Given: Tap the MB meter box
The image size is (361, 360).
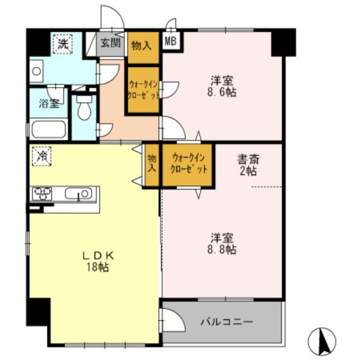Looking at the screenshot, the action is click(x=171, y=41).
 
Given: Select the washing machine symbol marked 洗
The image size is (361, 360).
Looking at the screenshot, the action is click(x=63, y=44).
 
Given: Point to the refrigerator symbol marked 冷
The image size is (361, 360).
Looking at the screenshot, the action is click(x=42, y=156).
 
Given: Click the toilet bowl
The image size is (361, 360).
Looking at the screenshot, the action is click(x=84, y=107).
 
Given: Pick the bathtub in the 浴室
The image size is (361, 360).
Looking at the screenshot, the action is click(x=48, y=129).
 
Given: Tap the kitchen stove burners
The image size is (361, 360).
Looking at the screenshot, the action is click(x=42, y=194).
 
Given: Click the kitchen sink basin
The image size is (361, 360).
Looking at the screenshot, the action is click(x=79, y=193).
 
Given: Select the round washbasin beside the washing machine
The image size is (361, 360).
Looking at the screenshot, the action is click(x=37, y=71).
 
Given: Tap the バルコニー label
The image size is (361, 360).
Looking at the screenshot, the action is click(x=227, y=321).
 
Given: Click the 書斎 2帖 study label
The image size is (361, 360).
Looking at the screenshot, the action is click(x=248, y=165).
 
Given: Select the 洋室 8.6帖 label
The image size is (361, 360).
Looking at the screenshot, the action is click(x=222, y=86).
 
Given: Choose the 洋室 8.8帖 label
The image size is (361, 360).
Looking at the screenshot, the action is click(x=222, y=244).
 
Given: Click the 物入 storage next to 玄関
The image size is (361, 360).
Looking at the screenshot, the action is click(x=143, y=48).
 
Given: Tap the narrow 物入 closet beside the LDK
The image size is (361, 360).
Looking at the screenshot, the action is click(x=152, y=165).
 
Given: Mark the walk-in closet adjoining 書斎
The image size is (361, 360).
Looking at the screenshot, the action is click(x=187, y=165).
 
